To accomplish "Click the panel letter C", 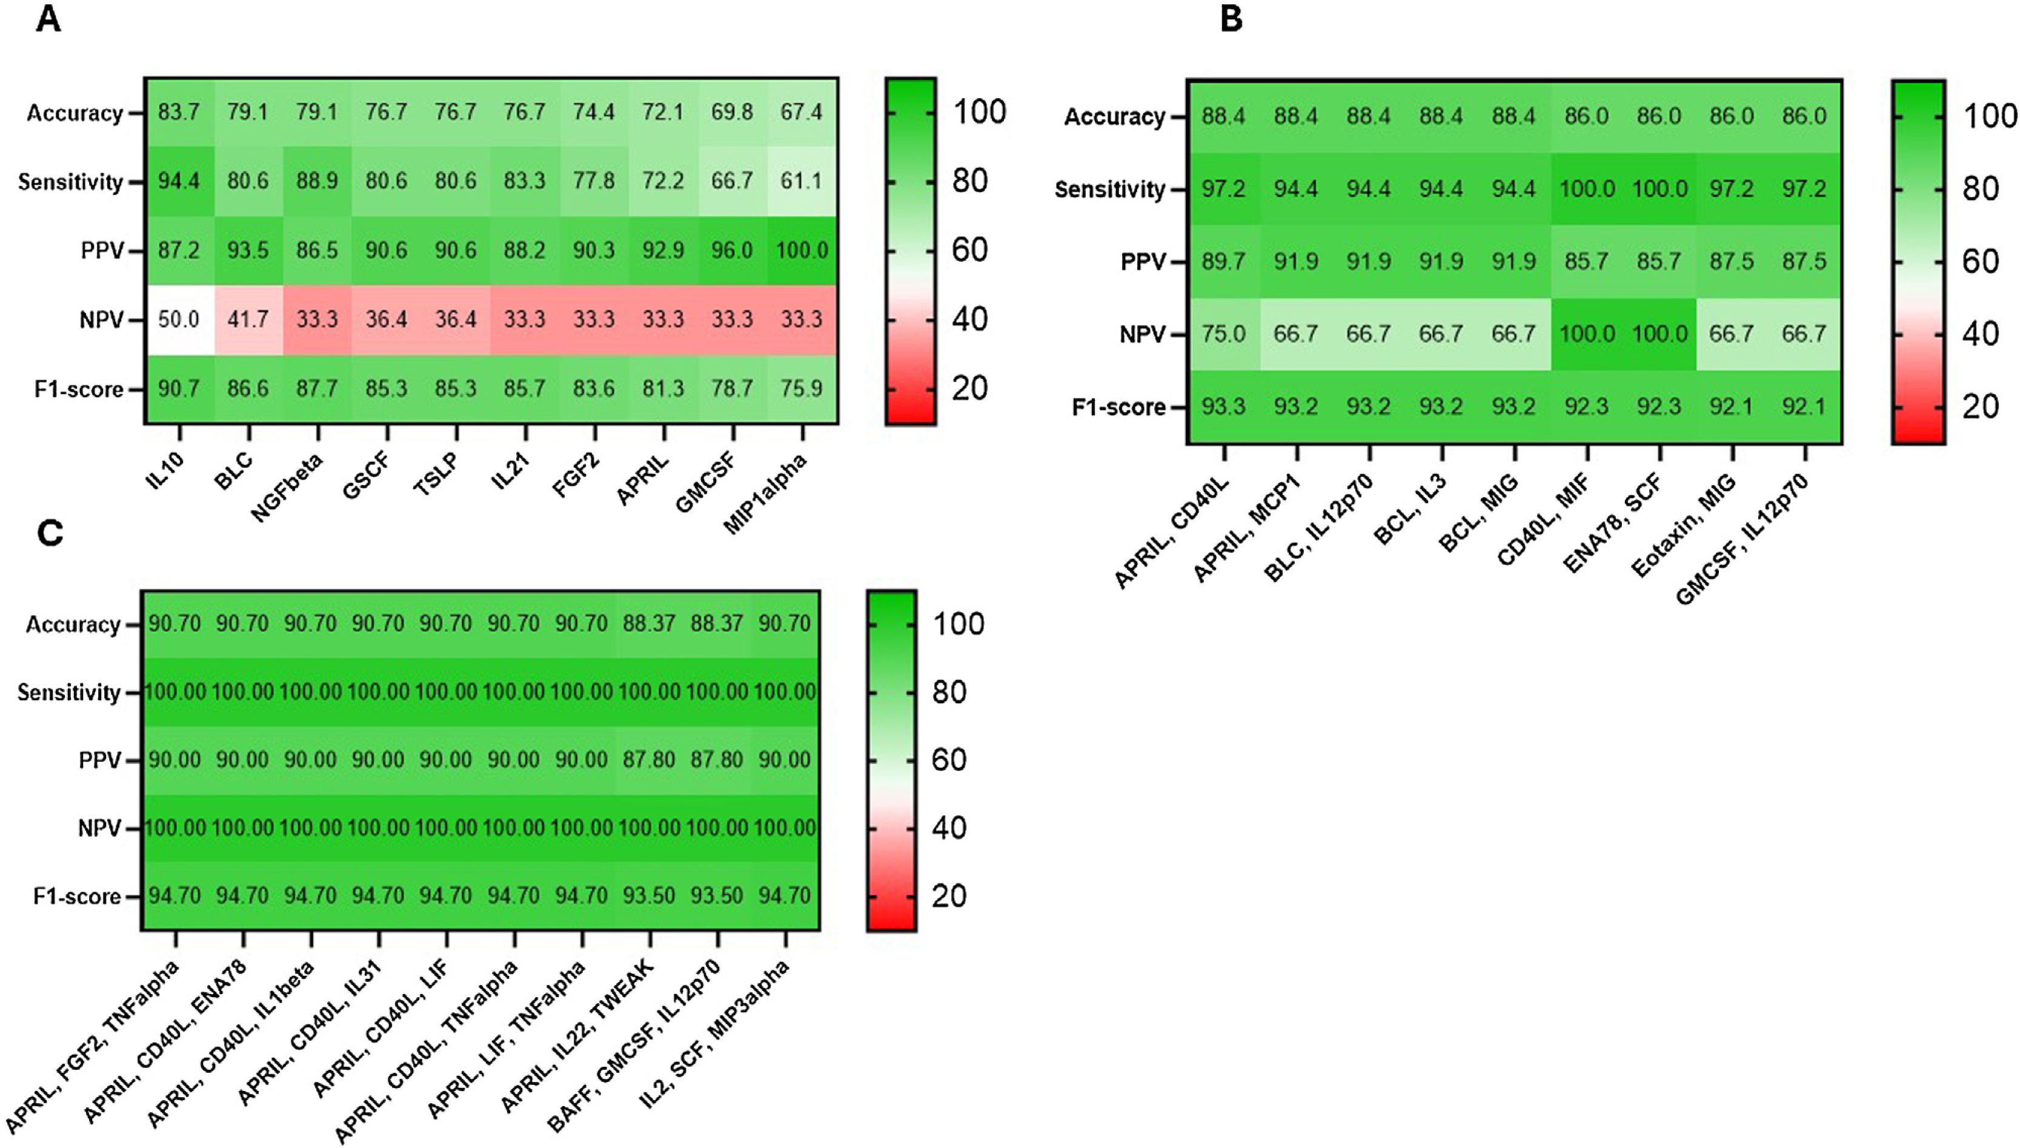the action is point(50,534).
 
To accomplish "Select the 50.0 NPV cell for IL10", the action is point(179,320).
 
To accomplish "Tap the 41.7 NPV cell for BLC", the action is point(248,320).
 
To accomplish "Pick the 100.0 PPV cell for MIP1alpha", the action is point(802,251).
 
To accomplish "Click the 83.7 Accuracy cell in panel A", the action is point(179,112).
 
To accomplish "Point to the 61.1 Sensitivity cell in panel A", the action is point(802,181).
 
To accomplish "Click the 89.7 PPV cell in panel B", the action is point(1223,262).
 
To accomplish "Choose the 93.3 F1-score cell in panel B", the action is point(1223,407).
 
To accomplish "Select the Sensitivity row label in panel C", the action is point(69,693).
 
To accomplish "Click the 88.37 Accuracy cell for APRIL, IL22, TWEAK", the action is point(650,624).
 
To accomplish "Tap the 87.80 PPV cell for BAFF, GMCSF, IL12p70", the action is point(717,760).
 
